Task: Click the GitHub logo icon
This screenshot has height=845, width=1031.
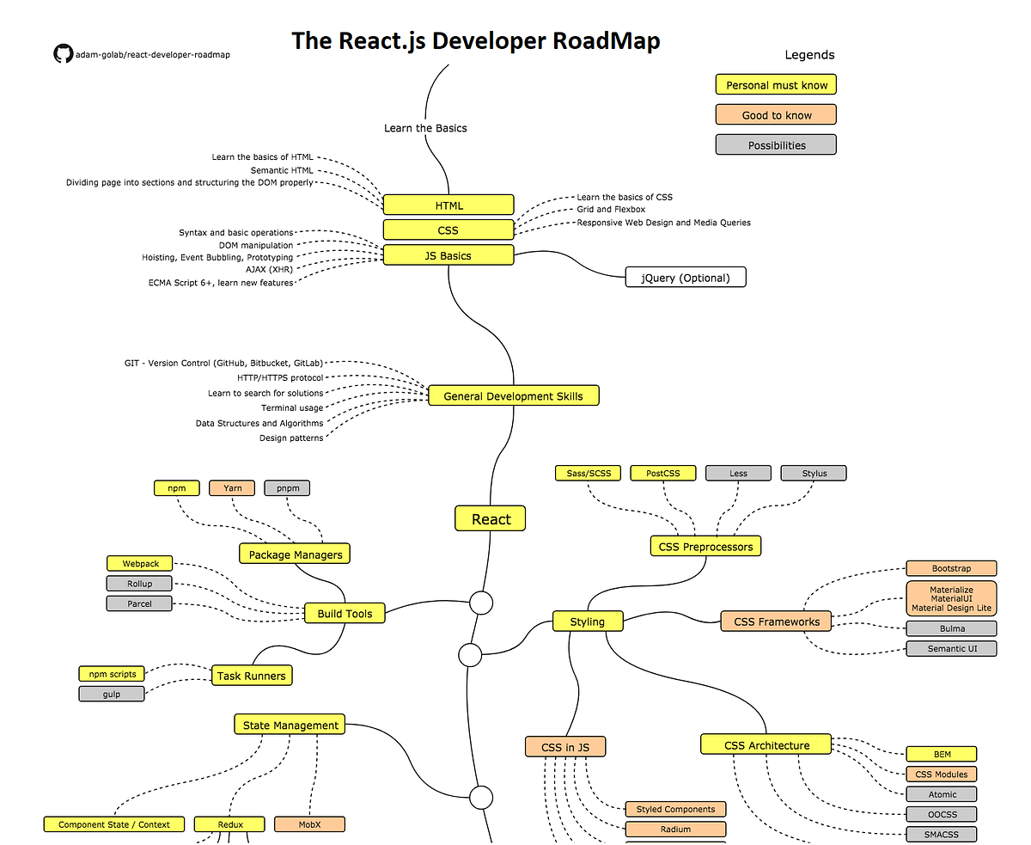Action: pyautogui.click(x=63, y=54)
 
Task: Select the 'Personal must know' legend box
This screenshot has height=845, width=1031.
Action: pyautogui.click(x=776, y=85)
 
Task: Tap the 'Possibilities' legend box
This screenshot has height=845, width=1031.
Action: pyautogui.click(x=776, y=145)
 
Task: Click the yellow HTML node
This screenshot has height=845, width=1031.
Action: pyautogui.click(x=448, y=205)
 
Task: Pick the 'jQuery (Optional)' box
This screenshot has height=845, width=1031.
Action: pyautogui.click(x=685, y=278)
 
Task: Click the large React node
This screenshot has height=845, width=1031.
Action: pyautogui.click(x=490, y=519)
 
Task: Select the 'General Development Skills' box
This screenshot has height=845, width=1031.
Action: pyautogui.click(x=513, y=396)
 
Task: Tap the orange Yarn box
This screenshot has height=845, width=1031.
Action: pyautogui.click(x=232, y=488)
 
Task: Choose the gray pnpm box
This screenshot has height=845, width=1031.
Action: pyautogui.click(x=287, y=488)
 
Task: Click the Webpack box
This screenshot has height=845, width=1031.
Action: pyautogui.click(x=139, y=564)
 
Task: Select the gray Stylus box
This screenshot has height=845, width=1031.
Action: pyautogui.click(x=814, y=474)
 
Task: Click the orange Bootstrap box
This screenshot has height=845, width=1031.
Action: pyautogui.click(x=951, y=569)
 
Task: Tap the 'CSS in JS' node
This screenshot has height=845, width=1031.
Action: pyautogui.click(x=565, y=747)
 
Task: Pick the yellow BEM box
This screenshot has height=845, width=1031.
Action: pyautogui.click(x=942, y=755)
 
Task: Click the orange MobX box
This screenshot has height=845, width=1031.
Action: pyautogui.click(x=309, y=824)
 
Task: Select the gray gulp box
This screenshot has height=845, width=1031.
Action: pyautogui.click(x=112, y=694)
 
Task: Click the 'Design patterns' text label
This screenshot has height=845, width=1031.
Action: pyautogui.click(x=291, y=438)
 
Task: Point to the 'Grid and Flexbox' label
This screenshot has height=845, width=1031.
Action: pyautogui.click(x=611, y=210)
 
